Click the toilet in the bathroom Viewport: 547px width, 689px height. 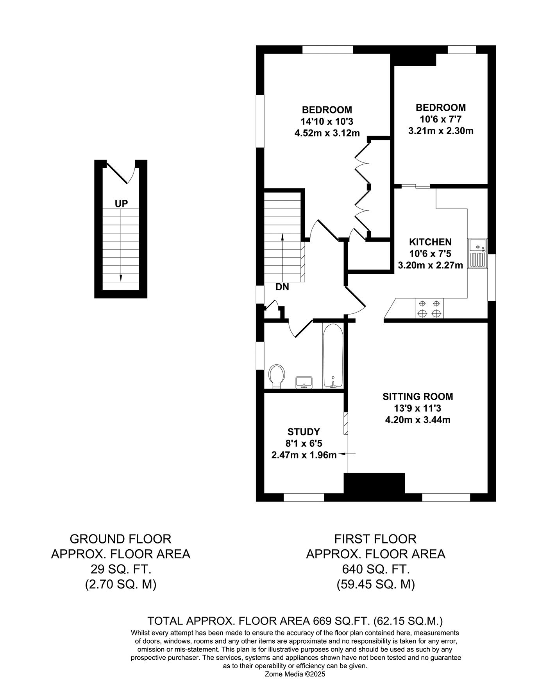(x=277, y=376)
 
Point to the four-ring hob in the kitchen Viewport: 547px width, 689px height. (x=429, y=308)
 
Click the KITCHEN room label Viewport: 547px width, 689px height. (x=430, y=242)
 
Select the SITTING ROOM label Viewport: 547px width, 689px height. (x=418, y=396)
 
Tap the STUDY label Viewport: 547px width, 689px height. (x=304, y=432)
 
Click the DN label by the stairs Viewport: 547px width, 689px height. (x=282, y=287)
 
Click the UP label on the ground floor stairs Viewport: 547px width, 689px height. (x=121, y=203)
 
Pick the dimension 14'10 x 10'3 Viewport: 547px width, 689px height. (x=327, y=121)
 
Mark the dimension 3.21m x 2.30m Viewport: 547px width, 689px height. (x=441, y=131)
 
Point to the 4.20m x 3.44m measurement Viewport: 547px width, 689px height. (x=418, y=420)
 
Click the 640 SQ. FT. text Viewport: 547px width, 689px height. (x=375, y=569)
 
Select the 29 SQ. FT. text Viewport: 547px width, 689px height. (x=120, y=569)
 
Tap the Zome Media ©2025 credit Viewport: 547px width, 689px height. (x=295, y=674)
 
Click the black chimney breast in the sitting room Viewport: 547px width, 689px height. (x=374, y=484)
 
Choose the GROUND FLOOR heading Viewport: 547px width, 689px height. (x=120, y=539)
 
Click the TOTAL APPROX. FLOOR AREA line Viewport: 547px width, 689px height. (x=295, y=621)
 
